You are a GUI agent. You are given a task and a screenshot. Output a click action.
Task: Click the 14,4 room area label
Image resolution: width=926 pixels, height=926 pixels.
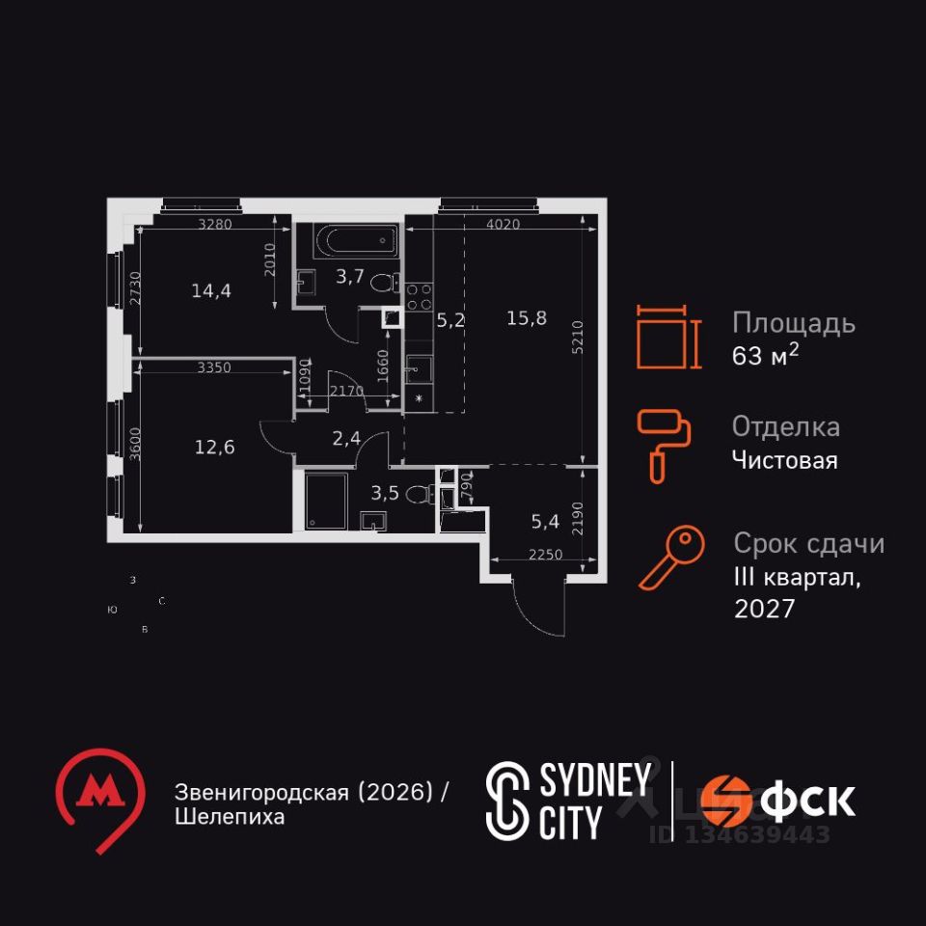coord(211,289)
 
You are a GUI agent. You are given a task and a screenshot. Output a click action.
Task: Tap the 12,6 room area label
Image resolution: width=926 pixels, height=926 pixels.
coord(214,446)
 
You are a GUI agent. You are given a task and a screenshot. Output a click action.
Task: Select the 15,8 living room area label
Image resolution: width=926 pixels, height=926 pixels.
coord(527,318)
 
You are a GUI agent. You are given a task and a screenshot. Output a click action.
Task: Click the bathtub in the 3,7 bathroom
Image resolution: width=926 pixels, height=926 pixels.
coord(357,240)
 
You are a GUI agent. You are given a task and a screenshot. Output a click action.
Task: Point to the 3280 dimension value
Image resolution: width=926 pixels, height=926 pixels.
coord(215,225)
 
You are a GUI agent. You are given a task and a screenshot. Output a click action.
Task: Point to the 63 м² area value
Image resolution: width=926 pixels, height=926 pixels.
coord(765,355)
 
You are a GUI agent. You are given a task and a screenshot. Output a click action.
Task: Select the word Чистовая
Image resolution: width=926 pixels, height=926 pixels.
coord(784,460)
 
